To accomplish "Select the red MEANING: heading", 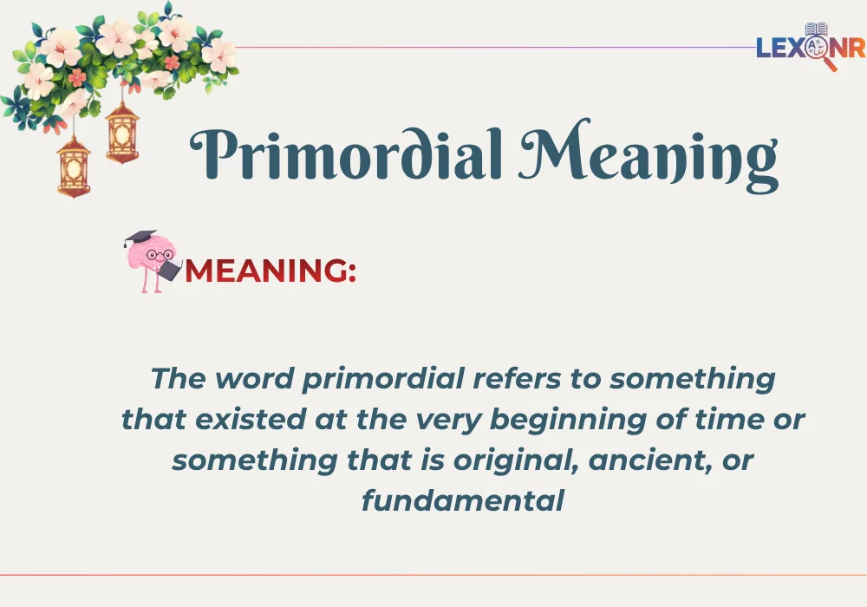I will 270,271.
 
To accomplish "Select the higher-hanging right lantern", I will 122,133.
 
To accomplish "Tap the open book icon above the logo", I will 817,30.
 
